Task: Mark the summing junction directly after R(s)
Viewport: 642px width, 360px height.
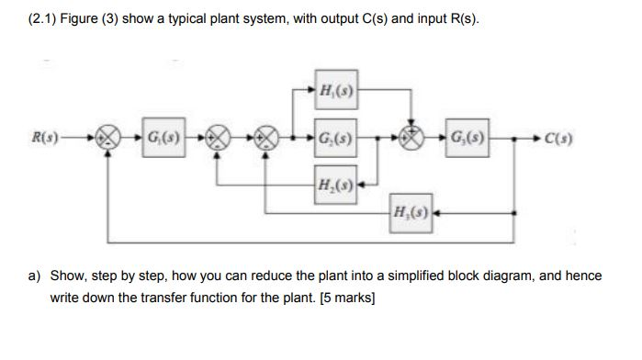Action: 109,140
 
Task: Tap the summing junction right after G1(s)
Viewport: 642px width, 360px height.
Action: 218,140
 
